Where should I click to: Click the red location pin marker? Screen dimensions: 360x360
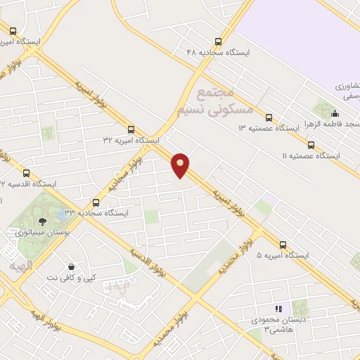coord(181,164)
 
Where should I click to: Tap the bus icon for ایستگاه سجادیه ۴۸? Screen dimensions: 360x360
coord(219,41)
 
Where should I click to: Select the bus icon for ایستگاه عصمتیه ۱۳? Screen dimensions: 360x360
coord(268,117)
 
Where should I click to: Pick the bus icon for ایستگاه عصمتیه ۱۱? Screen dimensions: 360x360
coord(310,145)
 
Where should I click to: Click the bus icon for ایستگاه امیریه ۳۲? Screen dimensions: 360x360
coord(131,129)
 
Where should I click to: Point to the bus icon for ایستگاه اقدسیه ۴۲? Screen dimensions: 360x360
coord(27,173)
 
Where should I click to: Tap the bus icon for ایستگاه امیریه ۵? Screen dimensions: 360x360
coord(283,245)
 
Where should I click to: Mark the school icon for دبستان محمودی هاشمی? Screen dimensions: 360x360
coord(278,309)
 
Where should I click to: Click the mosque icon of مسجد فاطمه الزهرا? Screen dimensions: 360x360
coord(335,114)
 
